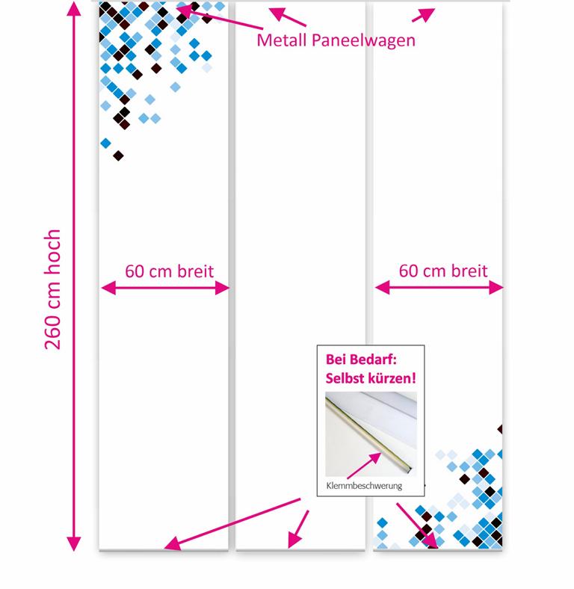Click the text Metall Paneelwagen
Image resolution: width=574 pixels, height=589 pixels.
pos(336,40)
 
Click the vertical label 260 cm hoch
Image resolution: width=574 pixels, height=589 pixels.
pos(52,289)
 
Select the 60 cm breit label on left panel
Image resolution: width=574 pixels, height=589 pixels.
pos(169,271)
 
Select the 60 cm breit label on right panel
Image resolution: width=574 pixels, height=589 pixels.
pos(443,271)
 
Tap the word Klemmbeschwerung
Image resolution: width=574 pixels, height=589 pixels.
pos(364,486)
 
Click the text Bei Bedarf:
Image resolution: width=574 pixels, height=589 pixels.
pos(361,360)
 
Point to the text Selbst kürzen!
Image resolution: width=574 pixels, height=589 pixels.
pos(371,378)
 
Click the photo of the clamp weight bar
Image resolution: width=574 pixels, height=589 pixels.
pos(371,434)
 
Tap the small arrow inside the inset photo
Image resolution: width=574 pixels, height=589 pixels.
pos(364,466)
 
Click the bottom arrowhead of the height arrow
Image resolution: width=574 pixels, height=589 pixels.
pos(74,544)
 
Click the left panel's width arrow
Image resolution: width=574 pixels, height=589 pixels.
pos(165,288)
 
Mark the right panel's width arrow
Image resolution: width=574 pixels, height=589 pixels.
pos(439,288)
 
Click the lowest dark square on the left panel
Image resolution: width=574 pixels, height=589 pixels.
pos(118,155)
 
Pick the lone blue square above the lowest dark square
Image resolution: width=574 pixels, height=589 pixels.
pos(105,143)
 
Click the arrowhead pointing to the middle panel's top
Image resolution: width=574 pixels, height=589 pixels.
pos(277,13)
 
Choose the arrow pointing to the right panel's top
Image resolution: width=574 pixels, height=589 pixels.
pos(424,15)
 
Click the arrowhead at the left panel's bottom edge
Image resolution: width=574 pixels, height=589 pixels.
pos(172,544)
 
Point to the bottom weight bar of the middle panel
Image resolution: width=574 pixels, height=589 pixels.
pos(300,551)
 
